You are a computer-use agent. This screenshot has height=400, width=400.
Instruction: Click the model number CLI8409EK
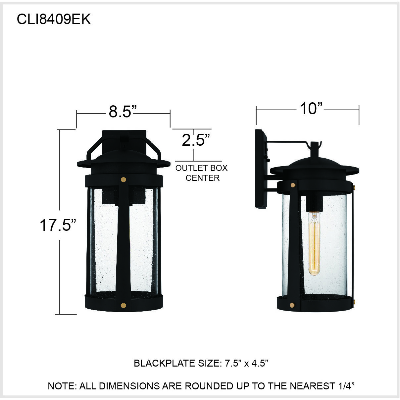pos(54,20)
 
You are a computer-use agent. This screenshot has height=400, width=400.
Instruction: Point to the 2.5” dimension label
pos(196,140)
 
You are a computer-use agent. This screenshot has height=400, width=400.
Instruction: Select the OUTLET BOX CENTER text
pos(202,173)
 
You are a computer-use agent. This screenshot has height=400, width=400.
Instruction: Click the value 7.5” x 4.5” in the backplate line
pos(246,363)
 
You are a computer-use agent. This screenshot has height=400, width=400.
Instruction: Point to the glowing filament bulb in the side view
pos(314,243)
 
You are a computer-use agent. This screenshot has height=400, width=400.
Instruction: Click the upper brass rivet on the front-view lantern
pos(124,180)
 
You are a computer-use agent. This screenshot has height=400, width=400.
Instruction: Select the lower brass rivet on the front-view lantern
pos(124,305)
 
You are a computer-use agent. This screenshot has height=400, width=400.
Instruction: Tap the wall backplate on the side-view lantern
pos(260,169)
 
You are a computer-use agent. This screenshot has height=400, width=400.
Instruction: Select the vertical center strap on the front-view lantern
pos(124,242)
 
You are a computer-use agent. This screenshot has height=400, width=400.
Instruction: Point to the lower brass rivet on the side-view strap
pos(292,305)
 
